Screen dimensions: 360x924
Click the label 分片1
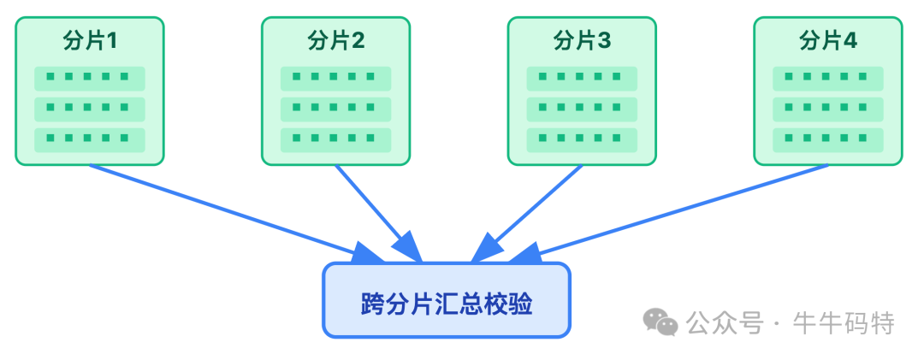(90, 41)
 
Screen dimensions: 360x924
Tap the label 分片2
(335, 41)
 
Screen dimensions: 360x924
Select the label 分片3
(582, 41)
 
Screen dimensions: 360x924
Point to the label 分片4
(827, 41)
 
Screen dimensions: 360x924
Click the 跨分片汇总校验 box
(446, 300)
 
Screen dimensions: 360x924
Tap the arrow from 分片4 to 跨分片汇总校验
(676, 210)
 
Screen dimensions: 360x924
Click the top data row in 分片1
(90, 78)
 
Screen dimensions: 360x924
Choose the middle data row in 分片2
(335, 109)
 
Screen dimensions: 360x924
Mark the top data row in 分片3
(582, 78)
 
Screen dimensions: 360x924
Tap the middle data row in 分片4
(827, 109)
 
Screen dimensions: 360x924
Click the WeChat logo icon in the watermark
(660, 322)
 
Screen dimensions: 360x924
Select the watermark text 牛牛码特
(844, 323)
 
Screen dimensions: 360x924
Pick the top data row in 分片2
(335, 78)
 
